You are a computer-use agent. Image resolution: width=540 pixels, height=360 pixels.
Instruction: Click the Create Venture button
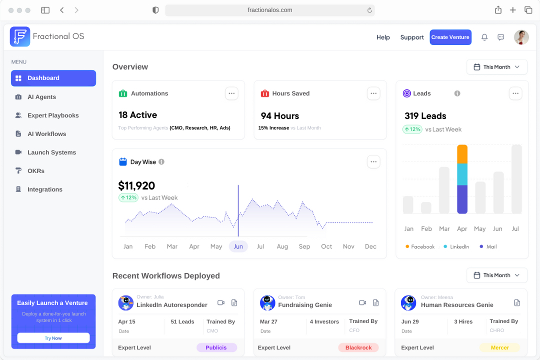coord(450,37)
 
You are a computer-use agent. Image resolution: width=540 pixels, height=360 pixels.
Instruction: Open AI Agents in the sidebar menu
coord(41,97)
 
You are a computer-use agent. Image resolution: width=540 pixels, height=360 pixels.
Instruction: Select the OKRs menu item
coord(36,171)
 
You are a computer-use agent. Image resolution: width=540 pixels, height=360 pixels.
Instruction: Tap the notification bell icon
coord(484,37)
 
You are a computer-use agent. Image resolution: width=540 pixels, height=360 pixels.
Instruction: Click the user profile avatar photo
coord(521,37)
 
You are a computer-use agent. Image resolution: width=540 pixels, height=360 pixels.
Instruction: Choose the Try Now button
coord(53,338)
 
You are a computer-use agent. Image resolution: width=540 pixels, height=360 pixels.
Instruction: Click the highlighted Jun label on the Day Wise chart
coord(238,246)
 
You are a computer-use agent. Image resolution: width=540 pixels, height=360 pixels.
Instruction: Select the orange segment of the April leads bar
coord(462,154)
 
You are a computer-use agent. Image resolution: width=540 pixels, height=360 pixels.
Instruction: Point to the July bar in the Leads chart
coord(516,179)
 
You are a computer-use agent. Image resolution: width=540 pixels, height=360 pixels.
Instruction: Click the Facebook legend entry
coord(420,246)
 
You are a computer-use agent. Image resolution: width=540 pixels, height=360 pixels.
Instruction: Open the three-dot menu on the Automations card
coord(231,93)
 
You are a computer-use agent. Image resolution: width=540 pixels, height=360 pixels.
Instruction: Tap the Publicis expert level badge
coord(216,347)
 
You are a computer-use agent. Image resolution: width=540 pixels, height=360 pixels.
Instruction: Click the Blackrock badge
coord(358,347)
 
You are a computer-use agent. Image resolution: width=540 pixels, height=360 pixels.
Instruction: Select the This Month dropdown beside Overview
coord(496,67)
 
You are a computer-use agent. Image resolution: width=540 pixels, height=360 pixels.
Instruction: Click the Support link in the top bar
coord(412,37)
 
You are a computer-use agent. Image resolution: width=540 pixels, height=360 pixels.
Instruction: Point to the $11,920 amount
coord(136,186)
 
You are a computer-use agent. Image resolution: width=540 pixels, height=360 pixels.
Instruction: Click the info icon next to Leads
coord(457,93)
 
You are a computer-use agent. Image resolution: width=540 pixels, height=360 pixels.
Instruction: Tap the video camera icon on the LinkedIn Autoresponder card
coord(221,303)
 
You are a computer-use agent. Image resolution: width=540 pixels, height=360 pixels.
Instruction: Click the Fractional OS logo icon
coord(20,36)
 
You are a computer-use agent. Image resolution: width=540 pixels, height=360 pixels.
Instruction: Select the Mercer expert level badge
coord(499,347)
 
